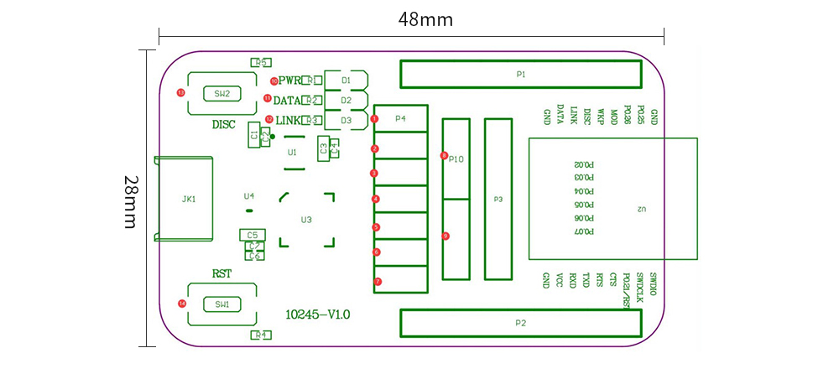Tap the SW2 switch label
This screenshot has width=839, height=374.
pos(221,93)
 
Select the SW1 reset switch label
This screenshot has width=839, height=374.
pos(221,304)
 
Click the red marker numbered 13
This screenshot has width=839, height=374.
pos(180,92)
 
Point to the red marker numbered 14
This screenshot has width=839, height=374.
pos(182,303)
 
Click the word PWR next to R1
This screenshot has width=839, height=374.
pos(290,81)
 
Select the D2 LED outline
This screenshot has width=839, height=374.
pos(346,100)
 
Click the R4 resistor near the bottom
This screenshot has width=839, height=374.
pos(260,335)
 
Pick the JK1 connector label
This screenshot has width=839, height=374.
pos(188,200)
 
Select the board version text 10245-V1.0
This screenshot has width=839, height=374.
pos(318,314)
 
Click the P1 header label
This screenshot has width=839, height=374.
pos(520,74)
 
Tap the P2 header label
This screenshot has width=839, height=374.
pos(520,323)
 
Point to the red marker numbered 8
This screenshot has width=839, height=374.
pos(444,155)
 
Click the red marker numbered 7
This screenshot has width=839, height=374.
pos(378,281)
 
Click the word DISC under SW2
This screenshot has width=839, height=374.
pos(223,125)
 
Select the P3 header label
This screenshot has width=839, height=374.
pos(498,200)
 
